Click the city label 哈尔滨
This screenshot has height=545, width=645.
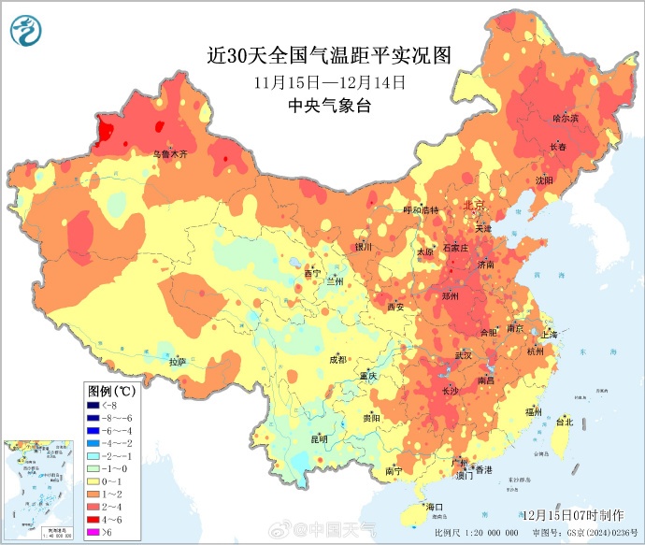566,119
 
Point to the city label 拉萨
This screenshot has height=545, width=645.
178,361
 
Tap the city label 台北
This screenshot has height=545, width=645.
564,422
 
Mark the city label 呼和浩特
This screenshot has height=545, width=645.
420,210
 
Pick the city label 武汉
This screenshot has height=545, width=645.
464,356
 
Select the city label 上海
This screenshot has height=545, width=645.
549,335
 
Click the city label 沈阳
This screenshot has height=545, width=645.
544,179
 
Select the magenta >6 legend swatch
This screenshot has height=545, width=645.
93,532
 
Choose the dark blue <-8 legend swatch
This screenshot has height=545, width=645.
93,405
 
